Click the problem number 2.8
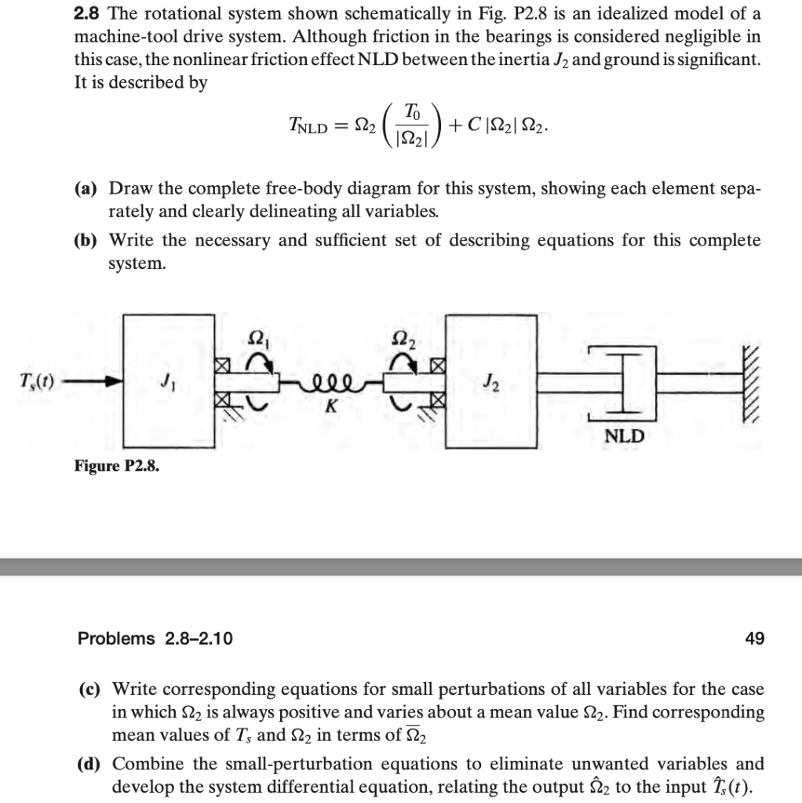pyautogui.click(x=88, y=15)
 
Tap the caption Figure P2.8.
pyautogui.click(x=116, y=466)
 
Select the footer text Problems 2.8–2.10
pyautogui.click(x=155, y=639)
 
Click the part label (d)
pyautogui.click(x=93, y=764)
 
